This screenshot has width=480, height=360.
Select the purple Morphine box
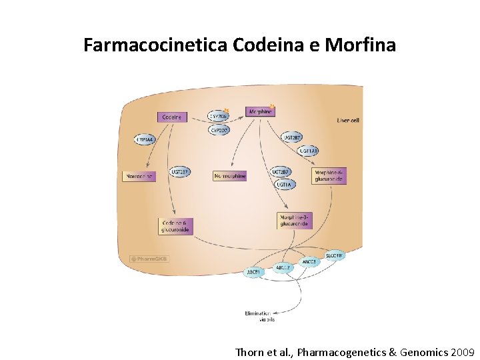(260, 112)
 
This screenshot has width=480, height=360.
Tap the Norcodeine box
(139, 177)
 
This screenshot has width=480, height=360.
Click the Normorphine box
(230, 176)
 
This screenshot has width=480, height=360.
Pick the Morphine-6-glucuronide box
(329, 176)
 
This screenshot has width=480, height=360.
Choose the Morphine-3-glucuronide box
(294, 221)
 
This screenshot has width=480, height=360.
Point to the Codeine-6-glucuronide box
(175, 226)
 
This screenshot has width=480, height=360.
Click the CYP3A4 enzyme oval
(144, 140)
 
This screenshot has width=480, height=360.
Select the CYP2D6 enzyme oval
(219, 116)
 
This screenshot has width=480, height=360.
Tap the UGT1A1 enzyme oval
(309, 151)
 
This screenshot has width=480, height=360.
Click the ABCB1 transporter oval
(254, 272)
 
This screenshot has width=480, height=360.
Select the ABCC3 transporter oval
(309, 262)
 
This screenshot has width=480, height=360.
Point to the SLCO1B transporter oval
(335, 255)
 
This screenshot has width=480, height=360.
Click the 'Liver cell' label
(348, 121)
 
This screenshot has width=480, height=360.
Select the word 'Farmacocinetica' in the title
(156, 45)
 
